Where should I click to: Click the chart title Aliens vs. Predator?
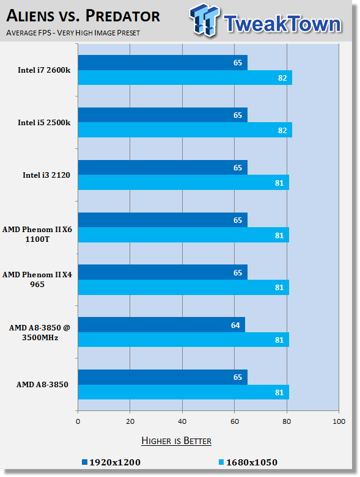click(83, 16)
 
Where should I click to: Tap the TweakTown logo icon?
click(204, 20)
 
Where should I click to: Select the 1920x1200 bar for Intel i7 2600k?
click(163, 63)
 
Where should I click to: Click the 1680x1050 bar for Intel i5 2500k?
click(185, 130)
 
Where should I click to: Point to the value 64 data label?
click(235, 325)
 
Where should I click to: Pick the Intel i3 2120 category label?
click(46, 175)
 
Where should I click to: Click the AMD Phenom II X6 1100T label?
click(37, 235)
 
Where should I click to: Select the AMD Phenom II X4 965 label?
click(37, 279)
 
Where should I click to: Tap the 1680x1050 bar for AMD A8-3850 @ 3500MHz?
click(183, 340)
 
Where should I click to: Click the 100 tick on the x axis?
click(339, 421)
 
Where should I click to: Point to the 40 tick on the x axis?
click(182, 421)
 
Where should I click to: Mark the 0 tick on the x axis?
click(78, 421)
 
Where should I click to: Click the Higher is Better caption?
click(176, 441)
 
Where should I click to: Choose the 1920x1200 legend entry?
click(111, 462)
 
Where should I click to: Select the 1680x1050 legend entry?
click(248, 462)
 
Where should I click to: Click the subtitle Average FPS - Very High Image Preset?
click(73, 32)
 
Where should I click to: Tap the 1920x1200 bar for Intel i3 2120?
click(163, 167)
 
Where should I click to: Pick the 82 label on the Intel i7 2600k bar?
click(282, 78)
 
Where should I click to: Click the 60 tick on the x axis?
click(234, 421)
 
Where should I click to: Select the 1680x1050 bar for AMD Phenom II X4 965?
click(183, 287)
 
